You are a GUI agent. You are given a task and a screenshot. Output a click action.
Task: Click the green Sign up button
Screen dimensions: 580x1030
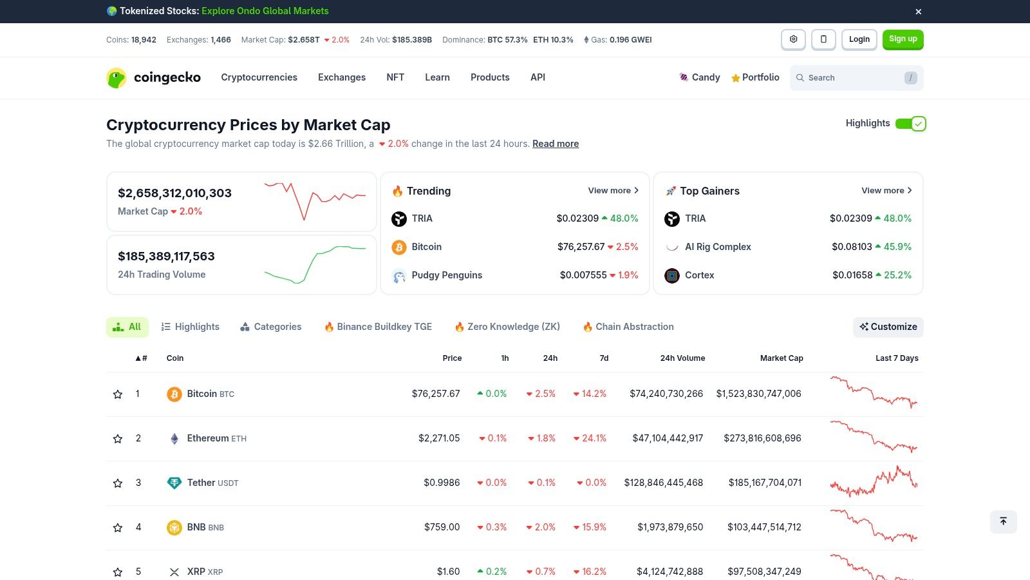903,39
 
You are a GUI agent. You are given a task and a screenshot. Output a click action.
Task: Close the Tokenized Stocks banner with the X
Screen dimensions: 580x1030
919,12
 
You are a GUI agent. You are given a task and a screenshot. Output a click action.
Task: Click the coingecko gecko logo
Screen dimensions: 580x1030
117,78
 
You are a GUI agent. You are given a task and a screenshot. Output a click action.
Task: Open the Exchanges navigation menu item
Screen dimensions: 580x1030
341,77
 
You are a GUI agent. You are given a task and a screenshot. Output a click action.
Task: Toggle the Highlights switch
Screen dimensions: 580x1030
910,124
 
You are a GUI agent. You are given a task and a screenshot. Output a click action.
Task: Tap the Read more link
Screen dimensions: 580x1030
555,144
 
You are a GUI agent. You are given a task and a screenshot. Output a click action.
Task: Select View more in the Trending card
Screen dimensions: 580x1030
613,191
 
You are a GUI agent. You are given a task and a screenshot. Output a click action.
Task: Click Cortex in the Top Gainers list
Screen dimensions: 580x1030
699,275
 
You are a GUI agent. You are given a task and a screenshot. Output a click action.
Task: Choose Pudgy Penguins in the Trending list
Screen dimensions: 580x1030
446,275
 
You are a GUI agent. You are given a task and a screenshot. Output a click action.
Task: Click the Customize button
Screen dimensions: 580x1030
888,327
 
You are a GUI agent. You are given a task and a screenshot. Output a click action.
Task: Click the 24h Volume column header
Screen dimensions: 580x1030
682,358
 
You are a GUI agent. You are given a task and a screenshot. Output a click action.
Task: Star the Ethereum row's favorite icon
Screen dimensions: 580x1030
118,439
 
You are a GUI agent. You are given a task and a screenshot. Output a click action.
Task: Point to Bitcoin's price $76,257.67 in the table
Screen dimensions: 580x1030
436,394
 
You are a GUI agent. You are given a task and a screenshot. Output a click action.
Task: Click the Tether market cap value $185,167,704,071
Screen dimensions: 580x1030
765,483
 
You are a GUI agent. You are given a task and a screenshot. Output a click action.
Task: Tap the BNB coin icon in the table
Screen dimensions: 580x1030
174,528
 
